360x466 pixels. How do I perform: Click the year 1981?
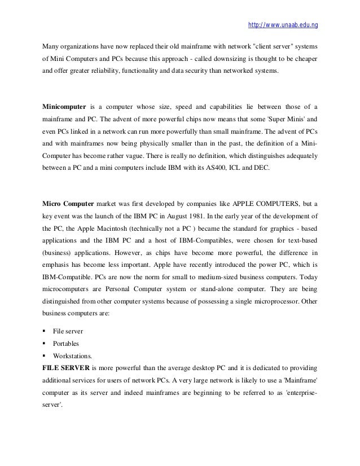coord(209,216)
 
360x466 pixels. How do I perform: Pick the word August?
coord(183,216)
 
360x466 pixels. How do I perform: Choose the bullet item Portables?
coord(67,342)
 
